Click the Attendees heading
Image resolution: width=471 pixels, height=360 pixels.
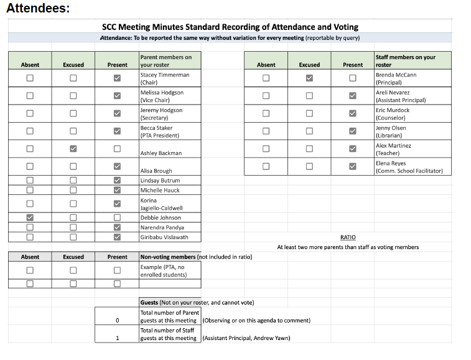(x=38, y=9)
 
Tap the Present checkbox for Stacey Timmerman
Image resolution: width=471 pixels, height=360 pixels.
(x=117, y=78)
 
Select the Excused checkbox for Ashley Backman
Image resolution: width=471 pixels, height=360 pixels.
(x=73, y=149)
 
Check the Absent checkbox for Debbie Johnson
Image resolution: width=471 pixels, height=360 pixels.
(x=30, y=217)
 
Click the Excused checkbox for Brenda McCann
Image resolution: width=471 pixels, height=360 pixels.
(x=309, y=78)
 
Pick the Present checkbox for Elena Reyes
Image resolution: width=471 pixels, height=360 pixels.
(x=353, y=166)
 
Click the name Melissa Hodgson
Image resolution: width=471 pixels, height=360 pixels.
(x=162, y=92)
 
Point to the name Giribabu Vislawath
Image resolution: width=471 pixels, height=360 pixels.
(x=164, y=237)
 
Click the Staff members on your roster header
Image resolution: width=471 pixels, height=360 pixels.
(x=405, y=60)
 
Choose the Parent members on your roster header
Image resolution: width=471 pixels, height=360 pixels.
(x=166, y=60)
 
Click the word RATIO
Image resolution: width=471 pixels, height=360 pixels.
(x=348, y=237)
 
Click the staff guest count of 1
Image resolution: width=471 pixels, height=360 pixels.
(x=117, y=338)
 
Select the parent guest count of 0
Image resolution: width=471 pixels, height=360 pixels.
(x=117, y=320)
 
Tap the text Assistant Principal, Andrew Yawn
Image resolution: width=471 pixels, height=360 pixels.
(x=246, y=338)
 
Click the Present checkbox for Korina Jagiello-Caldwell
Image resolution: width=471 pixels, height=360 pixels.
(x=117, y=204)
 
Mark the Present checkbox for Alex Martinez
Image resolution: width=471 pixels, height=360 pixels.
(x=353, y=149)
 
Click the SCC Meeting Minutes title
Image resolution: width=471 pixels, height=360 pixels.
(x=230, y=27)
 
